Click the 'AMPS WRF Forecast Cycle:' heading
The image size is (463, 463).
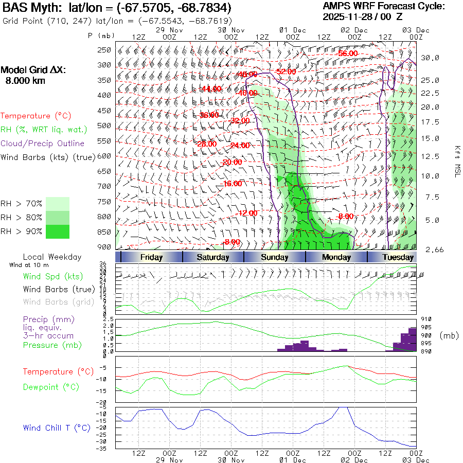click(383, 6)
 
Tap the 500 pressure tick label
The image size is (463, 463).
click(104, 125)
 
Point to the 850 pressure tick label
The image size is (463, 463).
click(104, 232)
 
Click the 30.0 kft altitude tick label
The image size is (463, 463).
click(430, 58)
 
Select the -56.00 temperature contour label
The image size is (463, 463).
click(347, 54)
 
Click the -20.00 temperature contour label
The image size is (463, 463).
click(232, 162)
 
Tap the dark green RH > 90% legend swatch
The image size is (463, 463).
click(58, 232)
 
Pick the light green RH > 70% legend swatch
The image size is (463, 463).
click(58, 204)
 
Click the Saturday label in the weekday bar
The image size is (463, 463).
click(213, 257)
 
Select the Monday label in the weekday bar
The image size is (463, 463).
click(336, 257)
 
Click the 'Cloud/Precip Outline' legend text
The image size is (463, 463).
click(43, 144)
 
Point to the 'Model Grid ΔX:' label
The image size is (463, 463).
click(33, 70)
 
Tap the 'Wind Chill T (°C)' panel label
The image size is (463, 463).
click(57, 428)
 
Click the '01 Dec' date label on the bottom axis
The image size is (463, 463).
click(293, 460)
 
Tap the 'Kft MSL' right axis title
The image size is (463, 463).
click(456, 162)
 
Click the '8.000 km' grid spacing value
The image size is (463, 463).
click(25, 81)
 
